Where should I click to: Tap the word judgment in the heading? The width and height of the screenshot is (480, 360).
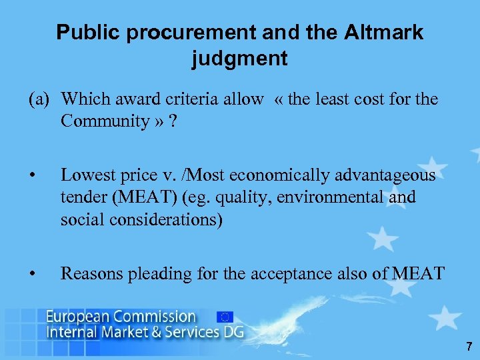[240, 59]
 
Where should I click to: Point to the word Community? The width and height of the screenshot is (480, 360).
[104, 121]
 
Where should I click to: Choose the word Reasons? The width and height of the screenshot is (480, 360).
[90, 273]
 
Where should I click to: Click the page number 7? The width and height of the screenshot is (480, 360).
[469, 346]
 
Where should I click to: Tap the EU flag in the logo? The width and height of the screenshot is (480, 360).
[225, 317]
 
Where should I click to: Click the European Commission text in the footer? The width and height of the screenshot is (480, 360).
[121, 316]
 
